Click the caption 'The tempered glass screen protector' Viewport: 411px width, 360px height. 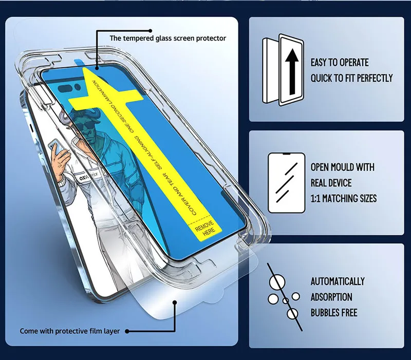[x=167, y=38]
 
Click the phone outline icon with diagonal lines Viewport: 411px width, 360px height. [x=286, y=182]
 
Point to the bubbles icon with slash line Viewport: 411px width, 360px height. [x=284, y=297]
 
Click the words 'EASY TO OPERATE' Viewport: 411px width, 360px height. [x=340, y=63]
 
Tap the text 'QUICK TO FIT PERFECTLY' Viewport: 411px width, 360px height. [x=351, y=78]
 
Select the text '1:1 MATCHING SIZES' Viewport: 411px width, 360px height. [x=343, y=198]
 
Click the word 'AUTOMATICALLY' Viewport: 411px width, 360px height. [x=338, y=281]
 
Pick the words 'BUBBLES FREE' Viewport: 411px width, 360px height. [x=333, y=312]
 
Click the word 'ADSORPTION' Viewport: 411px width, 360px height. [x=331, y=297]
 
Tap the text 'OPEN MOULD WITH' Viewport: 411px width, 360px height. [x=342, y=167]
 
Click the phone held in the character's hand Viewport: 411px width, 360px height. [x=53, y=149]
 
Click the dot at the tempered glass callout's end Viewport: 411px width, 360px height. [x=97, y=66]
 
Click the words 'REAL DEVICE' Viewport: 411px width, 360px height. [x=331, y=183]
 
